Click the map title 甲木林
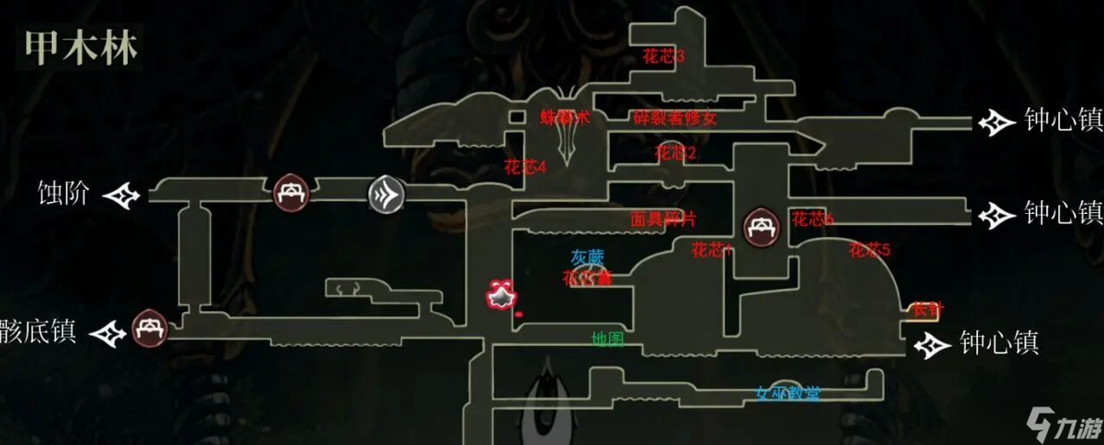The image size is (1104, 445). coord(80,48)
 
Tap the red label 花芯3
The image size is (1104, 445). coord(663,57)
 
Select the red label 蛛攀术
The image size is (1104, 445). coord(565,118)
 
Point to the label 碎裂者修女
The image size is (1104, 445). coord(674,117)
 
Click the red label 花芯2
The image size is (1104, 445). coord(675,154)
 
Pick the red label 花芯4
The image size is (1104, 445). coord(525,167)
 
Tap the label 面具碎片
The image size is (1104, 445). coord(663,220)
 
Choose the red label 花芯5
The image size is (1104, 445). coord(869,251)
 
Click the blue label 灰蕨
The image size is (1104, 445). coord(587,257)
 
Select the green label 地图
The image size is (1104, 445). coord(607,340)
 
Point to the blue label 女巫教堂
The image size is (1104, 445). coord(787,394)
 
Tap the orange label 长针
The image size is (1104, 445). coord(925,308)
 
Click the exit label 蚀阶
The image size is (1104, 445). coord(64,193)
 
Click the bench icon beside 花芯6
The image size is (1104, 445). coord(762,228)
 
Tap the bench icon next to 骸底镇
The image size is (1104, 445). coord(150,329)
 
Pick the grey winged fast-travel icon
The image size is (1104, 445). coord(386,193)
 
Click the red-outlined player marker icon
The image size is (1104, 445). coord(500,297)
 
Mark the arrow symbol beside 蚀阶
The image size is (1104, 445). coord(122,196)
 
